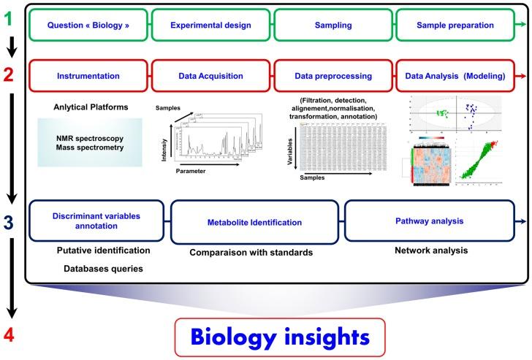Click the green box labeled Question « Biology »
[89, 26]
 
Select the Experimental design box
[211, 26]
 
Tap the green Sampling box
[334, 26]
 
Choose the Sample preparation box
[455, 26]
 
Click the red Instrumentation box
[89, 75]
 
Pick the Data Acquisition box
[211, 75]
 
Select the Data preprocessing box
[334, 75]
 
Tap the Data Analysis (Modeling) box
[455, 75]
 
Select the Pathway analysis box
[429, 221]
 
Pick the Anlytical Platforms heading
[91, 107]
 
